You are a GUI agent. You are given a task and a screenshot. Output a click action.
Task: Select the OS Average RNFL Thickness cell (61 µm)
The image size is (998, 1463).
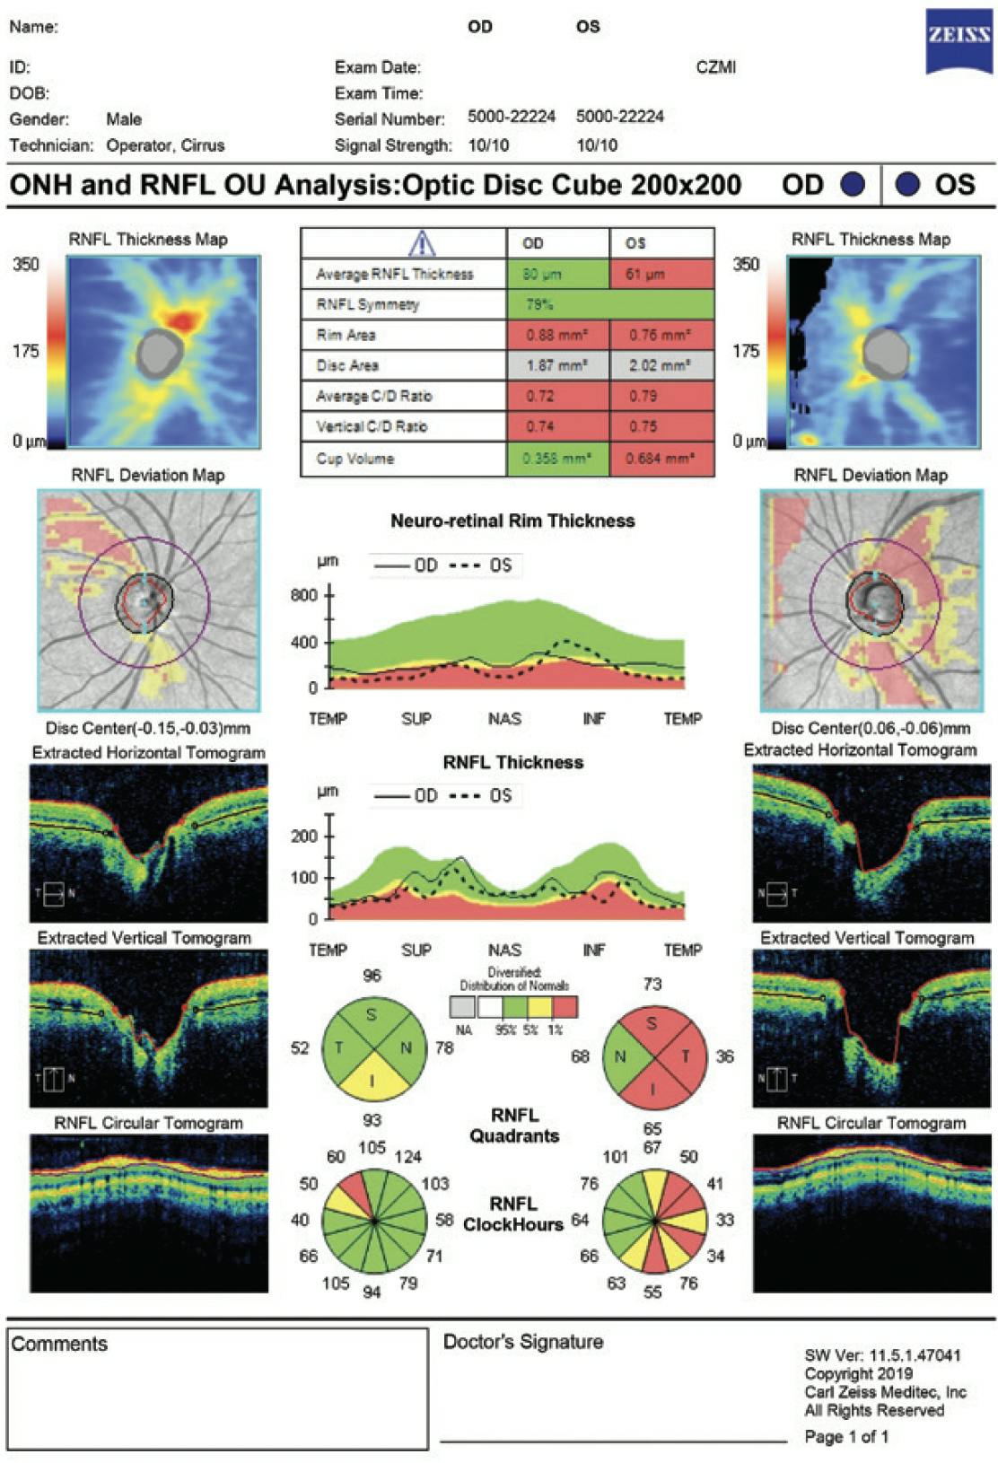[x=661, y=275]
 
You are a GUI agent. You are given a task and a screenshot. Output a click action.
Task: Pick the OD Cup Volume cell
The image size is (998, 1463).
[x=557, y=459]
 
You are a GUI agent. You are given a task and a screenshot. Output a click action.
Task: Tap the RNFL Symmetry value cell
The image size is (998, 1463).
[x=610, y=305]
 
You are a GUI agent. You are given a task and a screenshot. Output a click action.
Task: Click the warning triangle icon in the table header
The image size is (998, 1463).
[x=422, y=243]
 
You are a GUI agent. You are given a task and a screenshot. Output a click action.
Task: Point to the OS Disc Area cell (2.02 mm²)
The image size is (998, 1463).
[x=661, y=366]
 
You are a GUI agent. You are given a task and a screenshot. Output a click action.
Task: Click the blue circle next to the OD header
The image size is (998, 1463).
[x=852, y=185]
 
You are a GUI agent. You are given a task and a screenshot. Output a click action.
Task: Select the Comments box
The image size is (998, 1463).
[x=217, y=1389]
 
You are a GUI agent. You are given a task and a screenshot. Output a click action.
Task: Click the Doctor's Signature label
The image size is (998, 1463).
[x=523, y=1342]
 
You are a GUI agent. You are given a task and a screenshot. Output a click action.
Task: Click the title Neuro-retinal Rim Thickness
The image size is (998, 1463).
[x=512, y=521]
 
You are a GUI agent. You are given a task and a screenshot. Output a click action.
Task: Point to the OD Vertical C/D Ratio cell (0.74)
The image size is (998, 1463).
[x=557, y=426]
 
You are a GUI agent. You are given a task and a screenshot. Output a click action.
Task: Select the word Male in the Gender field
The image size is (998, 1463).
[x=124, y=119]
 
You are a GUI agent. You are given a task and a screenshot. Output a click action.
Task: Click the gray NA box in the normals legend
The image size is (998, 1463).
[x=463, y=1007]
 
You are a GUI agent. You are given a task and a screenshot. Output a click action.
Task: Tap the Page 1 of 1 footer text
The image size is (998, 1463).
[x=846, y=1437]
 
